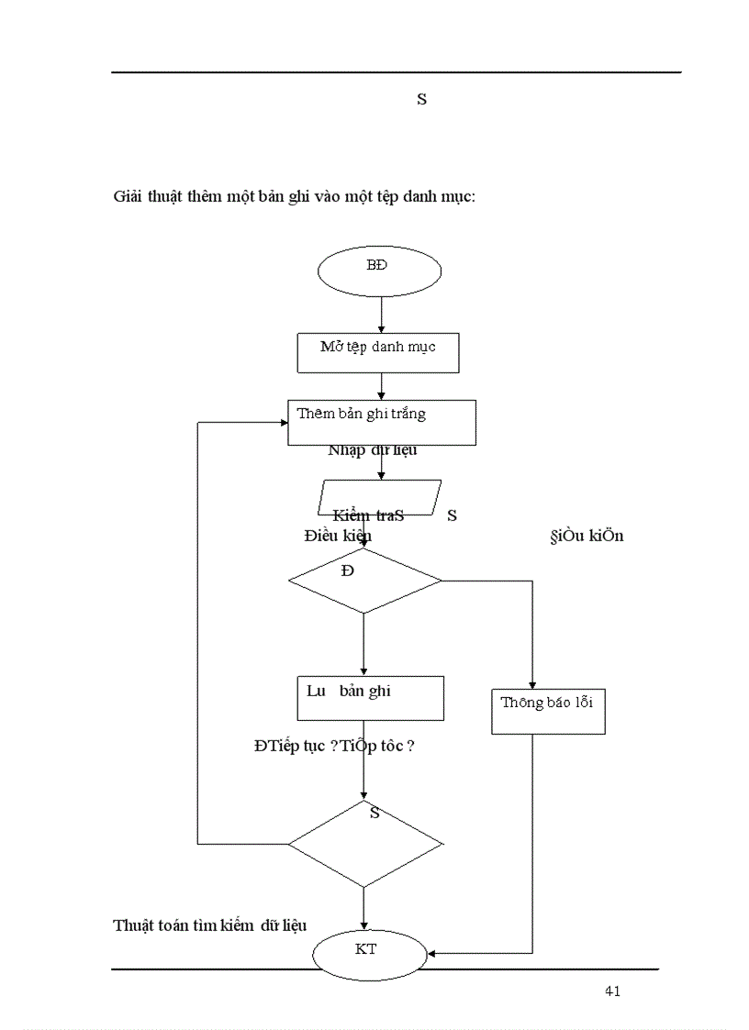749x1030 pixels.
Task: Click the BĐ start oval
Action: (379, 271)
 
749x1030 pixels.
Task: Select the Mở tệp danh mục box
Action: (378, 352)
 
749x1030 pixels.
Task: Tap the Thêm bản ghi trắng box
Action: (381, 422)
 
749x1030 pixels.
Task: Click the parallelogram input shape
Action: (379, 498)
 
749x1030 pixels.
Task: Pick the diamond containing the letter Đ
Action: (364, 581)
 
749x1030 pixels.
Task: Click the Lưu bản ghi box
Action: (370, 698)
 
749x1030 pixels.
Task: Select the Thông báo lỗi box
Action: (548, 711)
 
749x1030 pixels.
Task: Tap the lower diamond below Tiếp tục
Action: (364, 844)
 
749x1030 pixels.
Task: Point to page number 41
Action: (613, 991)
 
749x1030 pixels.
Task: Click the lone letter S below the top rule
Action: (421, 100)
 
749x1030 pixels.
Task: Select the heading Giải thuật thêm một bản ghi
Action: (294, 196)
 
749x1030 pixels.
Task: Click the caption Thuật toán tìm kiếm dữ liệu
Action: (209, 925)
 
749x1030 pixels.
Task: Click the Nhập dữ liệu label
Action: (373, 450)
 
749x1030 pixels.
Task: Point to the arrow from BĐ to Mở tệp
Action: (381, 313)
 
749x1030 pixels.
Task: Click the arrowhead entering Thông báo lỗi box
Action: (532, 684)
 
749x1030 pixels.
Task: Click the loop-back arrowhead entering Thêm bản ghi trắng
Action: (283, 423)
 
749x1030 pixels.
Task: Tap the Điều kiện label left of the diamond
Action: (337, 536)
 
